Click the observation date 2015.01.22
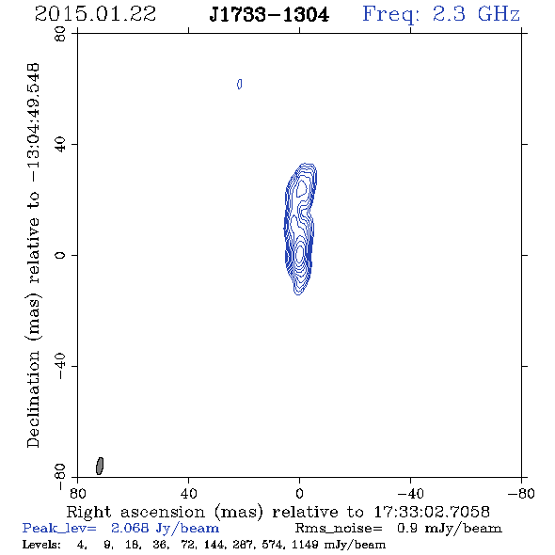click(x=95, y=14)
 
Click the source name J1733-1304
click(x=269, y=15)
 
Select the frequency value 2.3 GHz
click(x=476, y=14)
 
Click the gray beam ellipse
click(x=100, y=466)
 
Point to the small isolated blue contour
click(x=240, y=85)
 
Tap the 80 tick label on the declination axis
click(x=60, y=34)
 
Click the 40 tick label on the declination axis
click(x=60, y=145)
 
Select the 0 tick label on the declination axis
click(x=60, y=255)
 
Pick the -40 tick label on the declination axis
click(x=60, y=366)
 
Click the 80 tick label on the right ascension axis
click(x=77, y=494)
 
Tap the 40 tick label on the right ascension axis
click(x=189, y=494)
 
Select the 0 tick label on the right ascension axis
click(x=299, y=494)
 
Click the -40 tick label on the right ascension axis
click(x=410, y=494)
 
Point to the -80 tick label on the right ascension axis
click(x=521, y=494)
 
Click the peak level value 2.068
click(x=130, y=528)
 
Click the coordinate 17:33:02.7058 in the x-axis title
click(x=432, y=512)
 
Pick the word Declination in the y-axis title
click(x=33, y=399)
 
